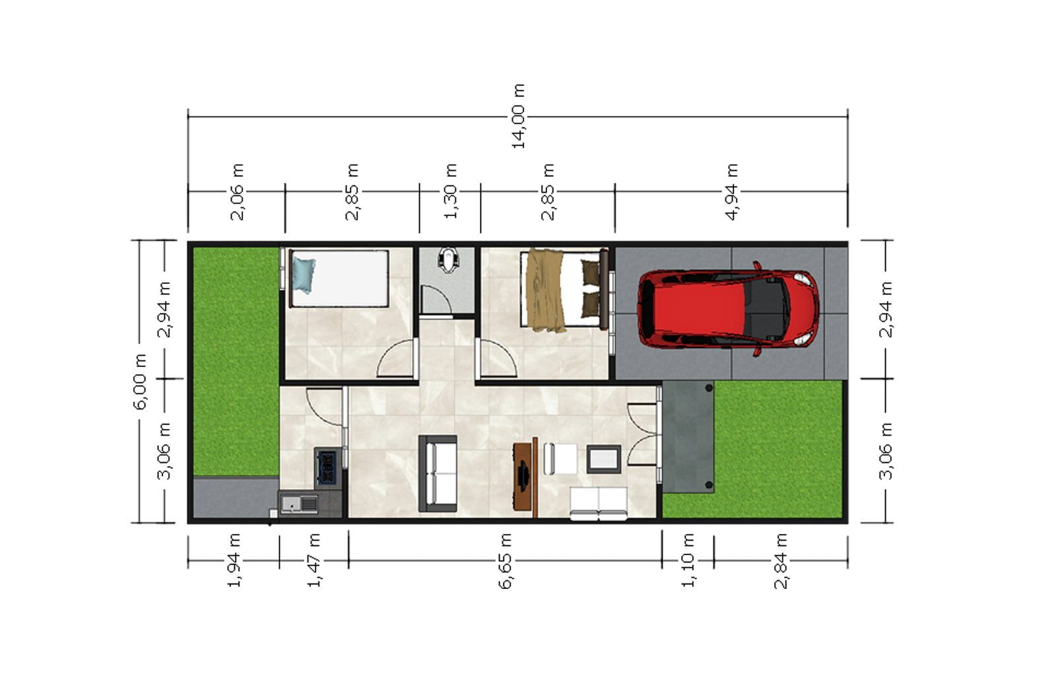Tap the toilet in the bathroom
pos(447,260)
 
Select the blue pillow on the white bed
pos(303,276)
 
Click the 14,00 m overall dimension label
pos(518,116)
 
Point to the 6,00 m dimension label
pos(141,381)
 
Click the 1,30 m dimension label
pos(451,191)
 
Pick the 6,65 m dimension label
pos(505,560)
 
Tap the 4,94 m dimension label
pos(732,191)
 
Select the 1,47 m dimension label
pos(314,560)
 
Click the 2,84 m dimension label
pos(781,560)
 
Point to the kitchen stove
pos(327,467)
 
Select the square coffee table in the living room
pos(603,459)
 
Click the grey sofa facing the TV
pos(438,473)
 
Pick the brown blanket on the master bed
pos(546,290)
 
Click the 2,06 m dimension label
pos(238,191)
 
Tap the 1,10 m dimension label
pos(688,560)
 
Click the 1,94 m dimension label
pos(234,560)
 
